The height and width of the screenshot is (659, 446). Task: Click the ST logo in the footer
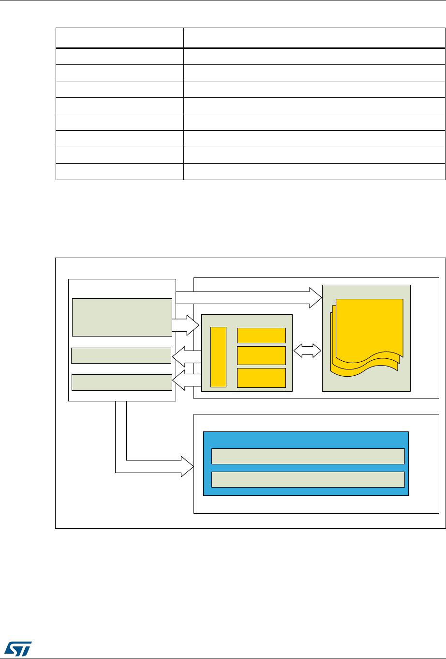tap(18, 646)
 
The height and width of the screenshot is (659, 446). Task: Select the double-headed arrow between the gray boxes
tap(308, 351)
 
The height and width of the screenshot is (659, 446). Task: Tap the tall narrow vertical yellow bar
tap(219, 357)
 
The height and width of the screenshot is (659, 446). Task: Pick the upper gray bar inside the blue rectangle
tap(308, 456)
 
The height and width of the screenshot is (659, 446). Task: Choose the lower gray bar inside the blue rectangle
tap(308, 479)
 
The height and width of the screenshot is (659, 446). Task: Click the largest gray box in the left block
tap(122, 317)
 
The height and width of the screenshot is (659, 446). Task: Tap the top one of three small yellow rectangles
tap(261, 335)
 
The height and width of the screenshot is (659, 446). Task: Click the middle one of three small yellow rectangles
tap(261, 355)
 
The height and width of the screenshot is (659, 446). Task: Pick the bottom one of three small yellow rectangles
tap(261, 378)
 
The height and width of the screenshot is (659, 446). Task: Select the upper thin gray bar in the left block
tap(121, 355)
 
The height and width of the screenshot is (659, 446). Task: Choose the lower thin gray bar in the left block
tap(121, 382)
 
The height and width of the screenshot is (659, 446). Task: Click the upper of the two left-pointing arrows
tap(186, 356)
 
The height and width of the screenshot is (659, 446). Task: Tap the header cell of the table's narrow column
tap(119, 38)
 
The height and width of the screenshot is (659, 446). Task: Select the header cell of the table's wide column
tap(314, 38)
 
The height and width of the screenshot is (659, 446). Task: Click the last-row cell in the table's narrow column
tap(119, 172)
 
